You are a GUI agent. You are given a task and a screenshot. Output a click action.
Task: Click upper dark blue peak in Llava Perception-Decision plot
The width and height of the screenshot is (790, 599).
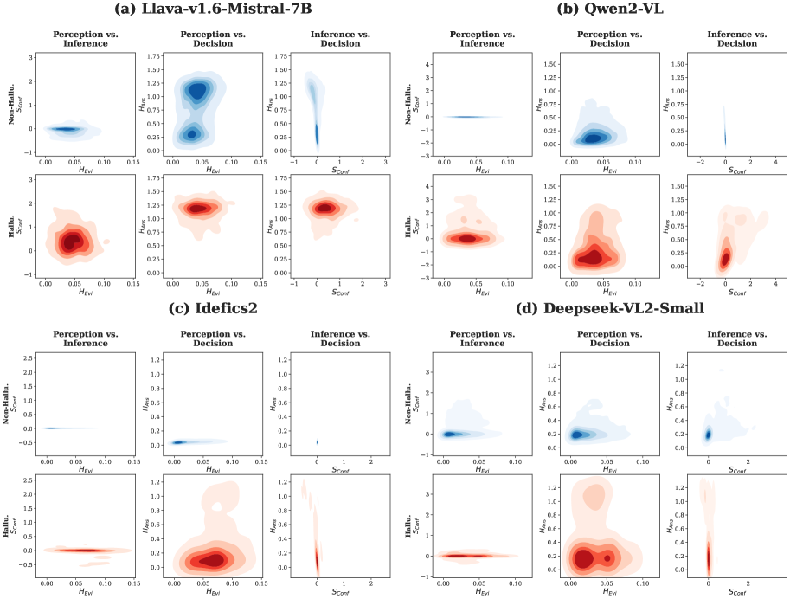[x=198, y=90]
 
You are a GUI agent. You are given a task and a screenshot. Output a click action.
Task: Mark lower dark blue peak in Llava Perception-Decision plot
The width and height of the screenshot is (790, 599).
[x=191, y=134]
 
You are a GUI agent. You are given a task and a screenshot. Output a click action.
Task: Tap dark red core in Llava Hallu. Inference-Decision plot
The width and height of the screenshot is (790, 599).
[x=325, y=208]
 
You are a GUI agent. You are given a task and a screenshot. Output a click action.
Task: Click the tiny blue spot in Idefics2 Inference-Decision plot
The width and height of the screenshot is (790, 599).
[x=317, y=441]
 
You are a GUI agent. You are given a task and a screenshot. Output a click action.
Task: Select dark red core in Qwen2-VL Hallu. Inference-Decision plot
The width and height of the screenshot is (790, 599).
[x=726, y=257]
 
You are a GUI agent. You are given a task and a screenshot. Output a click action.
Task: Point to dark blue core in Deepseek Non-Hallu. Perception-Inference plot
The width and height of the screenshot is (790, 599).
[x=448, y=434]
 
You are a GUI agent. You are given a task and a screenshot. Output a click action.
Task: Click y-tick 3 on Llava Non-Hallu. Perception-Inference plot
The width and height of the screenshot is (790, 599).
[x=32, y=57]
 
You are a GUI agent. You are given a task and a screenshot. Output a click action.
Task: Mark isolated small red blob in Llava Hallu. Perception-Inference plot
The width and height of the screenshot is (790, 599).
[x=106, y=241]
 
